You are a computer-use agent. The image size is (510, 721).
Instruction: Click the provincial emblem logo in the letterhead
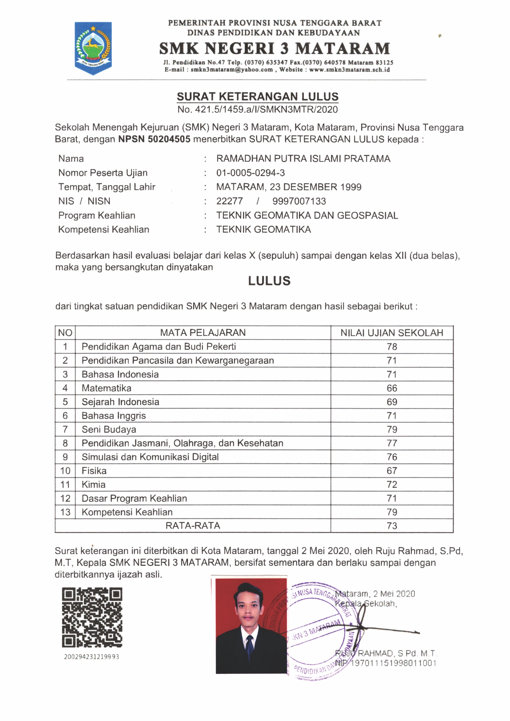point(93,48)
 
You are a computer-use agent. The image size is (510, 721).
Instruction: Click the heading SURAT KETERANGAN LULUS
point(257,96)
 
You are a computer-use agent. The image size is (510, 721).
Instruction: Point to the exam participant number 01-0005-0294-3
point(251,173)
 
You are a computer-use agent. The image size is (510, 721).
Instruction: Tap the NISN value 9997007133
point(299,201)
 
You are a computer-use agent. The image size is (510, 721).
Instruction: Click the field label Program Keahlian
point(97,215)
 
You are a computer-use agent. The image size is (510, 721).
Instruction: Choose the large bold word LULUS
point(269,281)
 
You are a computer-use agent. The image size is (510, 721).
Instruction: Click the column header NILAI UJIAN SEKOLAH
point(392,333)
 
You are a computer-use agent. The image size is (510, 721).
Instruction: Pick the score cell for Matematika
point(392,388)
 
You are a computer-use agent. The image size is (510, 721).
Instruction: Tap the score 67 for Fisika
point(392,471)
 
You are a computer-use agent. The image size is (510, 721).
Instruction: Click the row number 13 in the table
point(65,512)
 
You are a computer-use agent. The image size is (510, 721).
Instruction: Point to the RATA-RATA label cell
point(193,526)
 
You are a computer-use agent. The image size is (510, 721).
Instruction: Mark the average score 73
point(392,526)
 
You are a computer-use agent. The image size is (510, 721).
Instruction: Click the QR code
point(92,617)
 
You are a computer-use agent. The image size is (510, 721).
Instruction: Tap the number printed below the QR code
point(92,656)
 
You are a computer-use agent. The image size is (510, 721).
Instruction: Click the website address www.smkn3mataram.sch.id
point(349,70)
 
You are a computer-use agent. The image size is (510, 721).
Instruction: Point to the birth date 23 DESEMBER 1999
point(315,187)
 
